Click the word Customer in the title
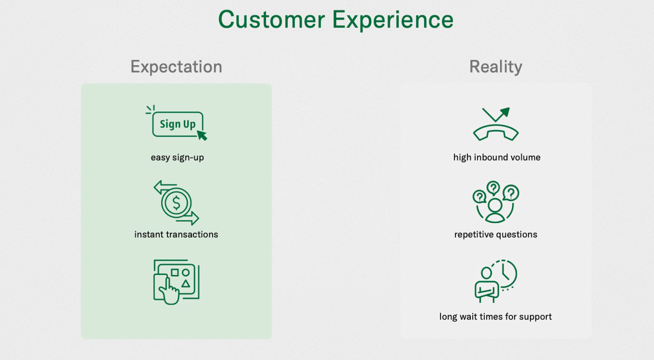[x=272, y=20]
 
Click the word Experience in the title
[x=393, y=20]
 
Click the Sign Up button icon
[x=178, y=124]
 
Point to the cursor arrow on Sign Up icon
[x=202, y=135]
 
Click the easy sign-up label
[x=177, y=158]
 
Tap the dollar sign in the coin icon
[x=176, y=203]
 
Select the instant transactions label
[x=176, y=234]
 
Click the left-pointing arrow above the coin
[x=165, y=187]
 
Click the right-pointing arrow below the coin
[x=188, y=218]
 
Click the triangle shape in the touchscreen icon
[x=186, y=283]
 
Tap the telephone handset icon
[x=496, y=132]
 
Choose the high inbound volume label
[x=497, y=158]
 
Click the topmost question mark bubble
[x=493, y=188]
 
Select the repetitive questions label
[x=496, y=235]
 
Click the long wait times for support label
[x=495, y=317]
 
